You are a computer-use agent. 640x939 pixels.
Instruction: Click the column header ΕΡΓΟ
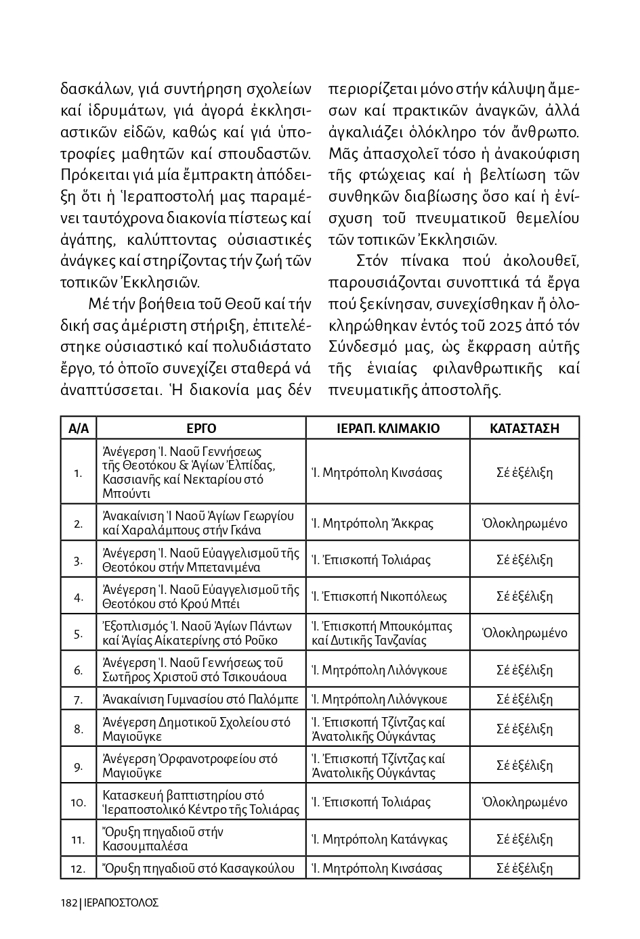click(x=201, y=428)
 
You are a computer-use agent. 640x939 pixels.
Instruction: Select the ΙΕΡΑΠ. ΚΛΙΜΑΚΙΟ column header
click(x=388, y=428)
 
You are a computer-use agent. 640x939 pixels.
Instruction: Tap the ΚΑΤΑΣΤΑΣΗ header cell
click(x=524, y=428)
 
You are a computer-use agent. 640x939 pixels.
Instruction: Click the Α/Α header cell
click(x=79, y=428)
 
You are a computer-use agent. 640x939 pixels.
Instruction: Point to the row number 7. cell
click(x=79, y=700)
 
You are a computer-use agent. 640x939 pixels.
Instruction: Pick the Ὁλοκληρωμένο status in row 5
click(x=524, y=633)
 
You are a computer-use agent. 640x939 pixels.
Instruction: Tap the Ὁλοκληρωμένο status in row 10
click(x=524, y=802)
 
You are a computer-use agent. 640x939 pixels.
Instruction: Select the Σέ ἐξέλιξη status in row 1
click(x=524, y=472)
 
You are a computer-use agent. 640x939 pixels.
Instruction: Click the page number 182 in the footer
click(x=69, y=902)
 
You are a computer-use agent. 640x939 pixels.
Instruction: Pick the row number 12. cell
click(x=79, y=869)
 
